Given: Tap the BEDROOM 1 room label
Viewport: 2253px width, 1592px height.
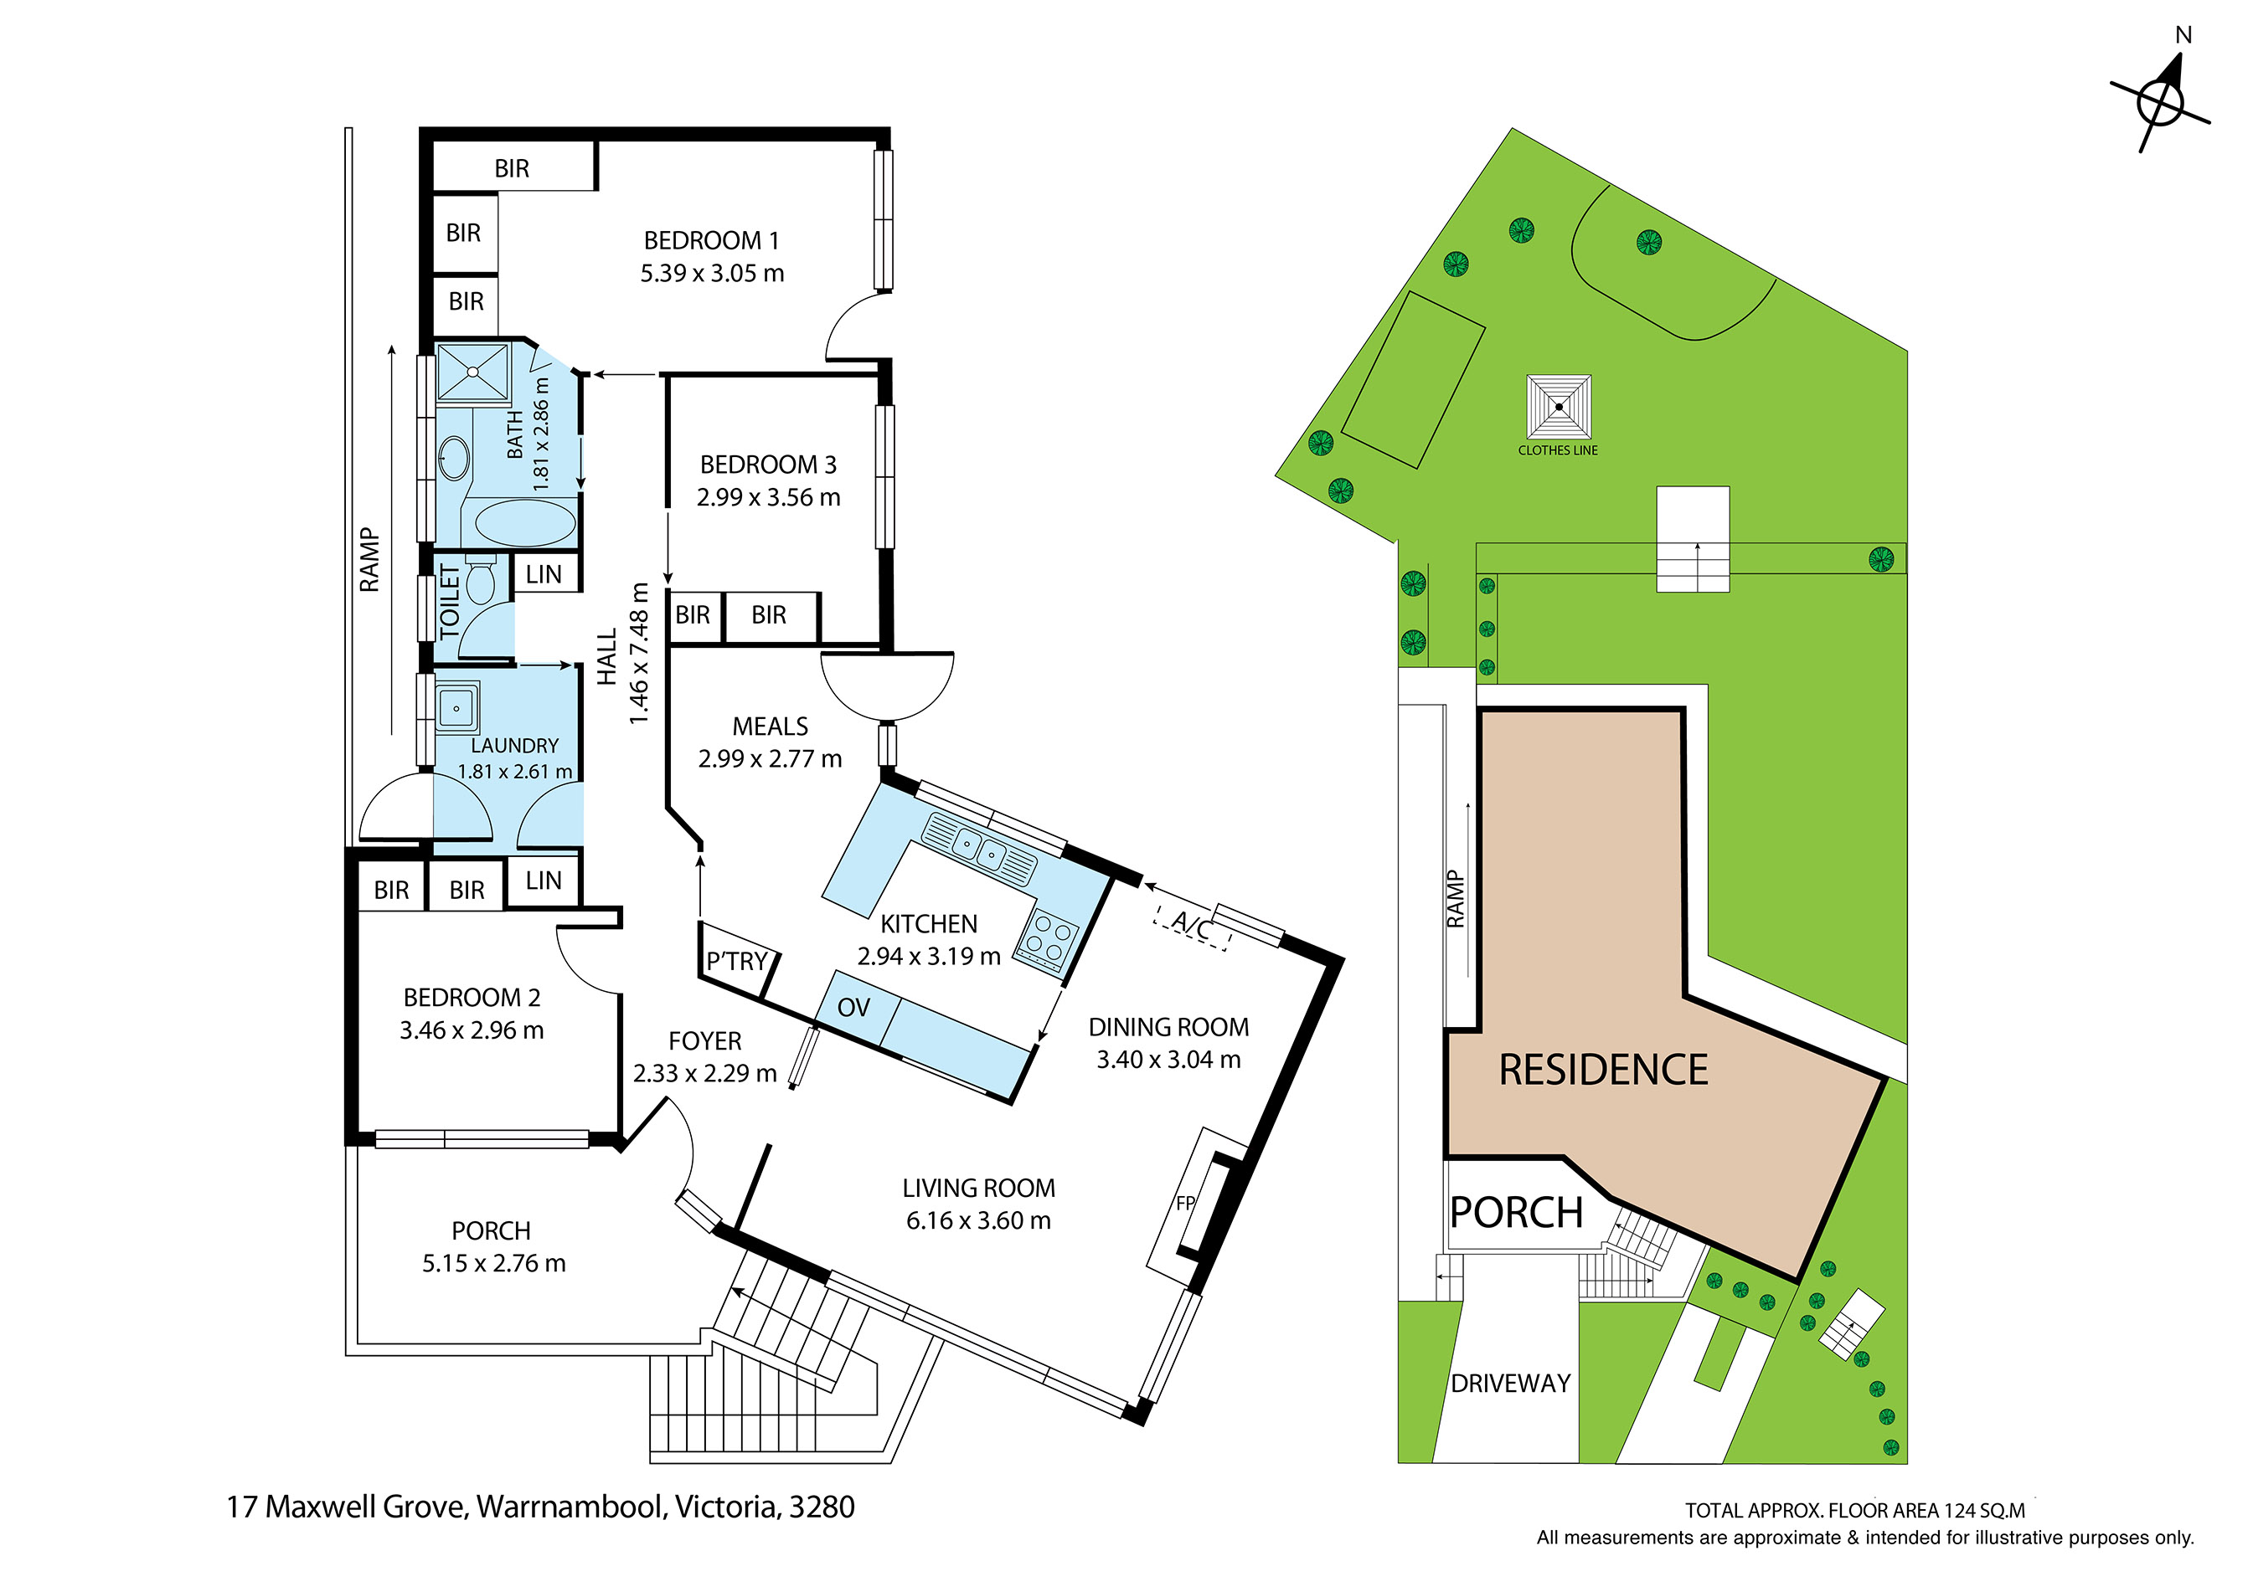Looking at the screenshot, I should [x=711, y=240].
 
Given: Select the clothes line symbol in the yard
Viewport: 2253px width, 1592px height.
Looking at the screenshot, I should [x=1559, y=407].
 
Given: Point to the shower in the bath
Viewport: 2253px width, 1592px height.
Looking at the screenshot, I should [x=473, y=372].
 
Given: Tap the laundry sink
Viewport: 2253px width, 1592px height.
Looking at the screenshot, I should [x=456, y=707].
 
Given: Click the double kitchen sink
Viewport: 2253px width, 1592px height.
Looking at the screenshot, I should [x=978, y=849].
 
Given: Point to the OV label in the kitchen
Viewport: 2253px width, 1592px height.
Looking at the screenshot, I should [x=853, y=1008].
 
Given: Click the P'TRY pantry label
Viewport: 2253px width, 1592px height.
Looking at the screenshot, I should [x=737, y=961].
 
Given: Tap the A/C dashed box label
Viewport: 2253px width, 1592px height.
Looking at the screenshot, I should [x=1192, y=925].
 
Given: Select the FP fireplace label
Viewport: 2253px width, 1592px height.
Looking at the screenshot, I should [x=1184, y=1203].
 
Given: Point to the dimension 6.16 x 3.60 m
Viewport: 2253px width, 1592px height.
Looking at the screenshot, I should [x=978, y=1220].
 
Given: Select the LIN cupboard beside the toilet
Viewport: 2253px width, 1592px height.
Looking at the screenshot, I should [x=544, y=574].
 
